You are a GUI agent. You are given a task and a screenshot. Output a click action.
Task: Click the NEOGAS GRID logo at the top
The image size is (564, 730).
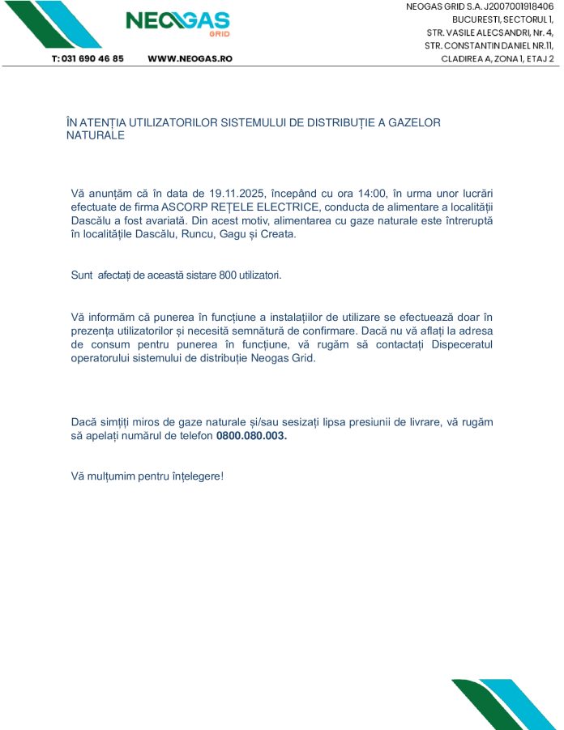177,23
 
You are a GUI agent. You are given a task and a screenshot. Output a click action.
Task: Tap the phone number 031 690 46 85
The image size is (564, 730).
88,59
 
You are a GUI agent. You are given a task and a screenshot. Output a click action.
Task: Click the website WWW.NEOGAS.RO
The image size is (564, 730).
190,59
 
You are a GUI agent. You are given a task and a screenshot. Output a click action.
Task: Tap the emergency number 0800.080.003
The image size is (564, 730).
251,435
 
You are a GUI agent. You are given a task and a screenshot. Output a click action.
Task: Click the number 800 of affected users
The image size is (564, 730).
229,275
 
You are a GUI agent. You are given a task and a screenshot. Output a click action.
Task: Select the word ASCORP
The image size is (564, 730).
182,207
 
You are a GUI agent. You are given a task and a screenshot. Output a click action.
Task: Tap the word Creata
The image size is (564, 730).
274,234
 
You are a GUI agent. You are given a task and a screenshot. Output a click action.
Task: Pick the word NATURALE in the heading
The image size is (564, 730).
95,135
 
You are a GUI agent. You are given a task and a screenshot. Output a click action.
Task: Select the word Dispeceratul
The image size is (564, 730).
459,344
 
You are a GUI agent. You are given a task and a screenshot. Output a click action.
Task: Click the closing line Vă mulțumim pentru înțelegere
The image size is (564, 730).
147,476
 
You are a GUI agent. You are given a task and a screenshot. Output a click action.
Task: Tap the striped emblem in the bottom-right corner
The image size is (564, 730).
502,703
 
